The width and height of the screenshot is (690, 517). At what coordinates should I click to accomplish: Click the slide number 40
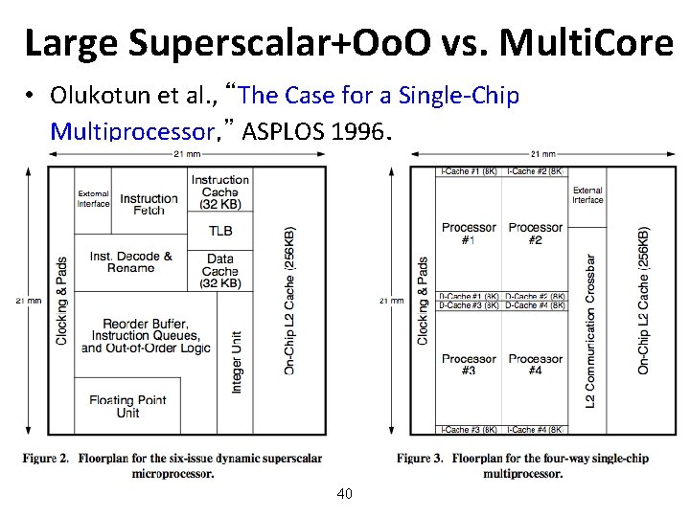tap(345, 494)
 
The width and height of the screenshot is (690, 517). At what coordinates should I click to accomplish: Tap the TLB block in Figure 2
tap(220, 231)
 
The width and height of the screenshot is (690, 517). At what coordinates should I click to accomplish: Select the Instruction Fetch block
tap(149, 204)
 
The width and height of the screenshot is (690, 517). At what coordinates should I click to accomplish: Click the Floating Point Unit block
tap(127, 406)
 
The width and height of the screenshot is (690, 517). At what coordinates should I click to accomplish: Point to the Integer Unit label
tap(238, 361)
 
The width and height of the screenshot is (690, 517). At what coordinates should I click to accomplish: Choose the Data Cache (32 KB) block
tap(220, 265)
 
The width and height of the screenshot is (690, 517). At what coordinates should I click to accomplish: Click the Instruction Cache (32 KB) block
tap(220, 191)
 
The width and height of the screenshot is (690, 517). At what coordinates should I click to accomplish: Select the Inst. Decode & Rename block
tap(131, 261)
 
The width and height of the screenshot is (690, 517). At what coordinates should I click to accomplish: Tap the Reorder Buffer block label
tap(146, 336)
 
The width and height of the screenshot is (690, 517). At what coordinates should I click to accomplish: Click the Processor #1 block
tap(469, 233)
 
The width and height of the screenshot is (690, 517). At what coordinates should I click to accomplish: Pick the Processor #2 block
tap(536, 233)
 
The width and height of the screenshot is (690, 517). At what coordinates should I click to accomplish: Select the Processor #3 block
tap(469, 364)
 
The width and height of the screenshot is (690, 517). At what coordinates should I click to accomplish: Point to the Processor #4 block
tap(536, 364)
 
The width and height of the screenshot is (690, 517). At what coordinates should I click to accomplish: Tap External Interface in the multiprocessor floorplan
tap(587, 195)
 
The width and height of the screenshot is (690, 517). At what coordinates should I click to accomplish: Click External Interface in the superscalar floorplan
tap(94, 198)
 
